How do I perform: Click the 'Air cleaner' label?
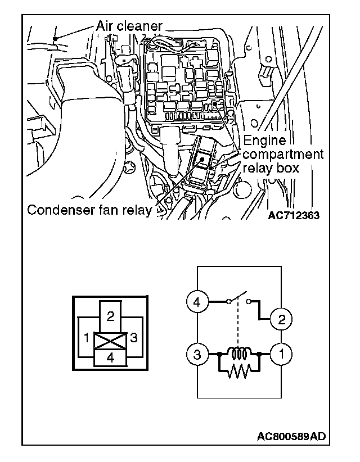129,25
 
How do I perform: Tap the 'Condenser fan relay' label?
90,211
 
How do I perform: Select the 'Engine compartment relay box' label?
283,154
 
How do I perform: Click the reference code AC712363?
290,215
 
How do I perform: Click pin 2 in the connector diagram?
110,316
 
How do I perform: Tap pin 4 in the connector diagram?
110,358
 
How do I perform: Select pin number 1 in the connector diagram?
86,338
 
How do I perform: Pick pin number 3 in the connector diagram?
134,338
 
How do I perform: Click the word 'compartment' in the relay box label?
283,154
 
